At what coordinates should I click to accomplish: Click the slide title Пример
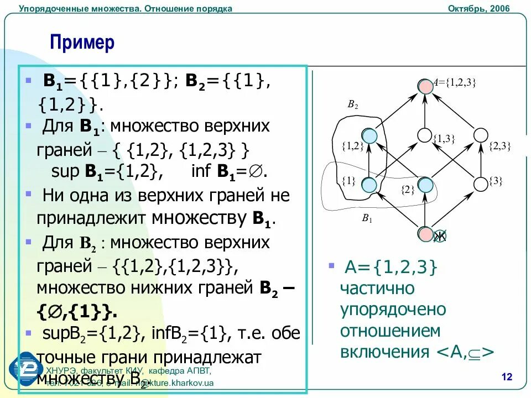point(82,43)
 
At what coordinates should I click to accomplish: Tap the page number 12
point(507,377)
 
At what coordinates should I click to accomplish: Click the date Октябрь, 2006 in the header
point(478,8)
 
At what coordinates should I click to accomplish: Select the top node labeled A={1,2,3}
point(425,86)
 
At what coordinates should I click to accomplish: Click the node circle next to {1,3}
point(424,135)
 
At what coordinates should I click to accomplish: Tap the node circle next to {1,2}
point(369,135)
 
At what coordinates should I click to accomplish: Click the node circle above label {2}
point(424,184)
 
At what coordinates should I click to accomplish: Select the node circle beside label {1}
point(369,184)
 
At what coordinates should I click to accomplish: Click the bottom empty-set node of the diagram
point(425,234)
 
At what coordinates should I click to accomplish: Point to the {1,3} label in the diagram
point(444,139)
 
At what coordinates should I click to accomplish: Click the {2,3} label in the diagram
point(499,146)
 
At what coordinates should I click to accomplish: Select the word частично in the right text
point(377,289)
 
